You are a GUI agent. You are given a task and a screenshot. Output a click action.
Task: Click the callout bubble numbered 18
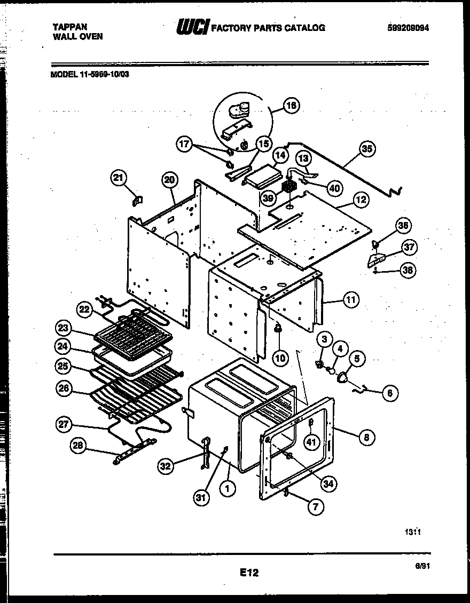point(291,106)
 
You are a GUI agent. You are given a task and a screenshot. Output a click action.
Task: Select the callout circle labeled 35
point(367,149)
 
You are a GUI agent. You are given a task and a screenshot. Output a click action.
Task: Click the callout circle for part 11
point(350,300)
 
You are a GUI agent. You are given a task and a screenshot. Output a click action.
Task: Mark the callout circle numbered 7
point(315,507)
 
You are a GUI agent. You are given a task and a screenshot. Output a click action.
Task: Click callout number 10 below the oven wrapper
point(280,358)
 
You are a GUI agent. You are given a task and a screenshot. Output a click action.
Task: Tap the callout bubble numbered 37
point(410,248)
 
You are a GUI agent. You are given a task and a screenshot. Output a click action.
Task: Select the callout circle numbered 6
point(389,393)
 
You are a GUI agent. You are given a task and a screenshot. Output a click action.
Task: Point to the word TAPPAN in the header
point(70,26)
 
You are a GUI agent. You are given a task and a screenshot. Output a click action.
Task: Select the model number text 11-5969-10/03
point(103,75)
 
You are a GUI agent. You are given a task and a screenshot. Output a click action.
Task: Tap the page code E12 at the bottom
point(248,573)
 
